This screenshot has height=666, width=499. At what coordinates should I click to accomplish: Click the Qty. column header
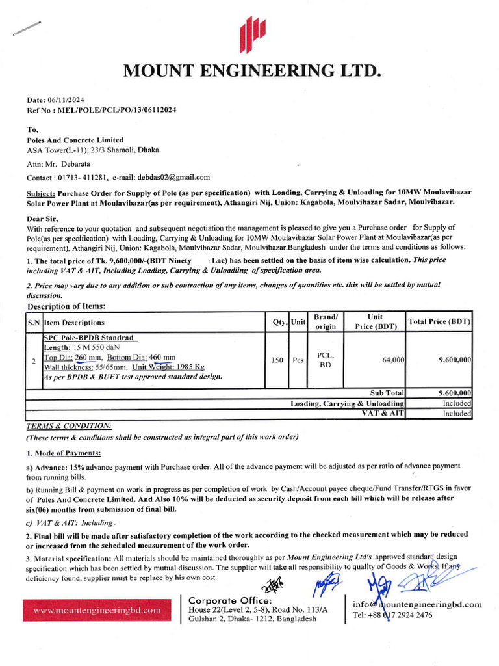[279, 322]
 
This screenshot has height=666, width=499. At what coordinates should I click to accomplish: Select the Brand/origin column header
[325, 322]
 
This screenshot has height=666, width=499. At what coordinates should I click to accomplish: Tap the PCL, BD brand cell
[325, 360]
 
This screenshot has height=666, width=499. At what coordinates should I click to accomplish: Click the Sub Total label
[387, 393]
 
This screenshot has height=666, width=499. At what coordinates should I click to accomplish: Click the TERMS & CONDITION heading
[68, 425]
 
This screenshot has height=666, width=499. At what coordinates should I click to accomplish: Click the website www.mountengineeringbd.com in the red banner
[97, 611]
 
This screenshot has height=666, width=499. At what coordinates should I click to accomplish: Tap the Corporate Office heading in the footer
[230, 600]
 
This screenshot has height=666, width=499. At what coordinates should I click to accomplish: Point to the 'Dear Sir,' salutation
[42, 219]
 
